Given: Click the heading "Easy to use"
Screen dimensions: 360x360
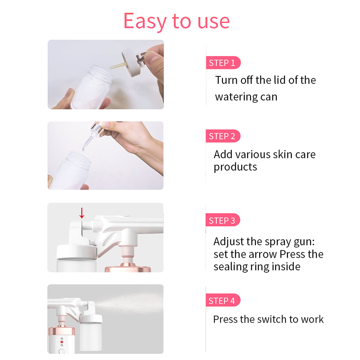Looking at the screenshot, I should (176, 21).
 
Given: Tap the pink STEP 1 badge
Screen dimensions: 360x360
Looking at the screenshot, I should (222, 63).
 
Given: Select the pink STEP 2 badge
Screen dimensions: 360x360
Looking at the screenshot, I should (222, 136).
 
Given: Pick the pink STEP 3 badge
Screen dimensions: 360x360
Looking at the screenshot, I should (222, 220).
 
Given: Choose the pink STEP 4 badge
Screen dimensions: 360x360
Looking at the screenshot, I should (222, 301).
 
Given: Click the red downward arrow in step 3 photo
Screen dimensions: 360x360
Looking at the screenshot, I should (82, 213).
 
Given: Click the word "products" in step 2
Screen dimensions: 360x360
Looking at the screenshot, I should (235, 167).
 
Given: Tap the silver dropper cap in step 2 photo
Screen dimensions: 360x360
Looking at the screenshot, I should (98, 130).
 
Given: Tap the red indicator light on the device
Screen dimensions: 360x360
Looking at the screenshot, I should (62, 342).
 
